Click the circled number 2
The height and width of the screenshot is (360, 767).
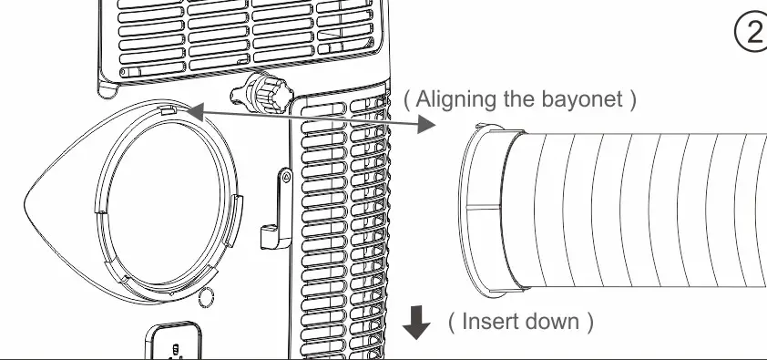pos(750,31)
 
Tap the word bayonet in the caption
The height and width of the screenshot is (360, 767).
pos(578,99)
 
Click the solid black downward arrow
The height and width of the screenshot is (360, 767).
pos(416,322)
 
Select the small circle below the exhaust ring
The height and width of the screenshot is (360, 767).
pos(205,295)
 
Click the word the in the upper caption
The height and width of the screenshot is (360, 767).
pos(522,99)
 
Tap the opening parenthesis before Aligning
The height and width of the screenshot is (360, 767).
pos(407,99)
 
